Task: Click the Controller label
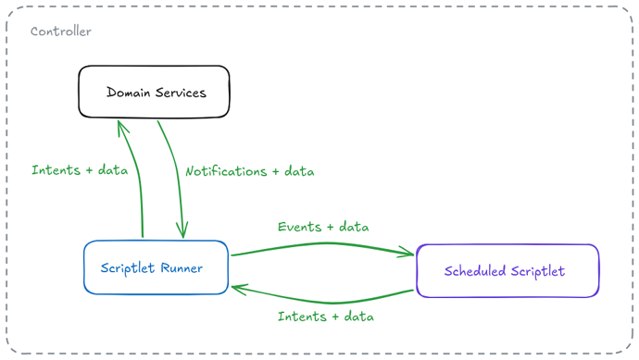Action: coord(61,31)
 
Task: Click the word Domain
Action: coord(129,93)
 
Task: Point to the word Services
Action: coord(181,93)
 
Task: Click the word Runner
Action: coord(182,268)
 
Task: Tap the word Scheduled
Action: coord(475,271)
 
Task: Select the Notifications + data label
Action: coord(250,171)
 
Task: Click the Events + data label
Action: coord(323,227)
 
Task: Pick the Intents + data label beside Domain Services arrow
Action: coord(80,169)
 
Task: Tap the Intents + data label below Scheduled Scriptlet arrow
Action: coord(326,317)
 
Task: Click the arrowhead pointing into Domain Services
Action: coord(121,126)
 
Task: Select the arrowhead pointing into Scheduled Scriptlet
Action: coord(407,252)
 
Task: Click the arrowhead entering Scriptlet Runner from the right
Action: coord(238,289)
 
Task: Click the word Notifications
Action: coord(226,171)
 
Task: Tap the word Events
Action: coord(299,227)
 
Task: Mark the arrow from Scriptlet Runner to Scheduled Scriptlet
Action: coord(326,243)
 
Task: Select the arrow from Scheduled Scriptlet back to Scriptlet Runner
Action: coord(332,303)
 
